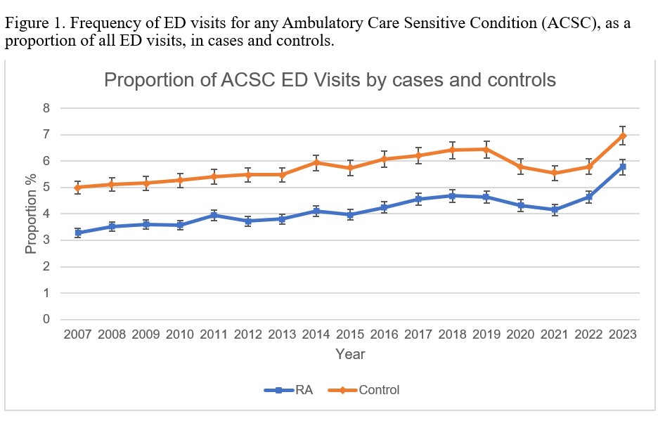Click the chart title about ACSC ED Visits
coord(330,79)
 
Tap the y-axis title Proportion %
coord(31,214)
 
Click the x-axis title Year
coord(349,354)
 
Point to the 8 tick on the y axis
coord(46,108)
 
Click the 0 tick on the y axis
coord(46,320)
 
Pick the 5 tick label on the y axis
coord(46,188)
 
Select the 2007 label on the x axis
coord(77,334)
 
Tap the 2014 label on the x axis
coord(316,334)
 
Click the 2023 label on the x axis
coord(622,334)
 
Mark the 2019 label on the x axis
coord(486,334)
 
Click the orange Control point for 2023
coord(622,135)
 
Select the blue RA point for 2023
coord(622,167)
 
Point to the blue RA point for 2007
coord(77,233)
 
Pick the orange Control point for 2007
coord(77,188)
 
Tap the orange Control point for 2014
coord(316,162)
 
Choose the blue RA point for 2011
coord(214,215)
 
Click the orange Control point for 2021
coord(554,173)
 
